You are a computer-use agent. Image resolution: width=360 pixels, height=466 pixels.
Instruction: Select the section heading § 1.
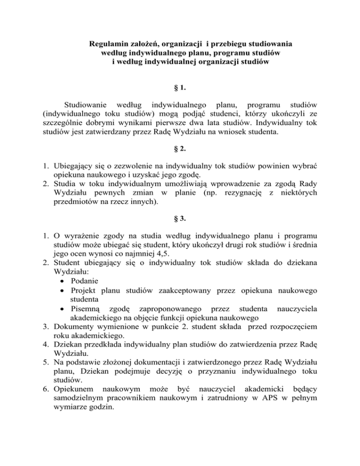click(x=180, y=88)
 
